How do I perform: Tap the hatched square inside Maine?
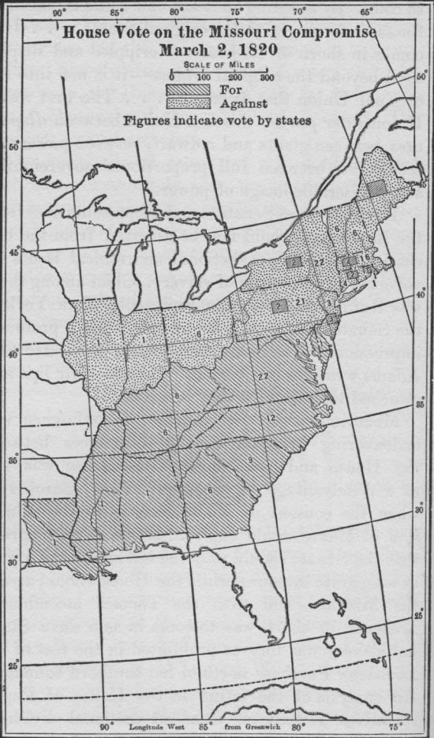(x=378, y=186)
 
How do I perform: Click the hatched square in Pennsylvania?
(x=279, y=304)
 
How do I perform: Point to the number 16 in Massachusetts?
(x=365, y=258)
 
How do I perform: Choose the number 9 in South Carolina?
(x=250, y=460)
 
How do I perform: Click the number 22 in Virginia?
(x=264, y=377)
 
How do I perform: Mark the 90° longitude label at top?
(x=58, y=12)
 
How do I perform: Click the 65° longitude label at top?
(x=367, y=12)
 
